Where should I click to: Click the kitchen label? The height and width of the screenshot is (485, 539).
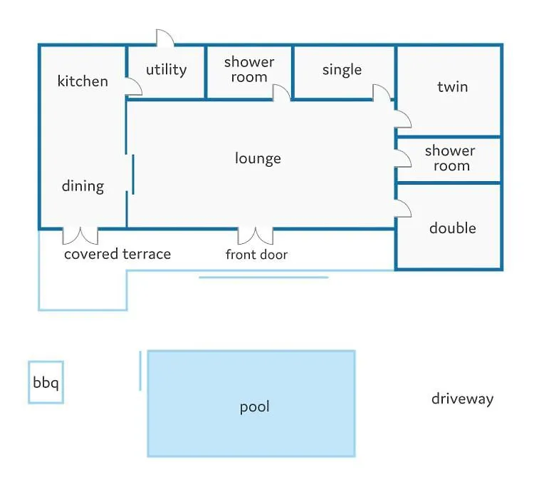[x=83, y=81]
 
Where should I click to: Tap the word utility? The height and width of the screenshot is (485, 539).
[x=167, y=70]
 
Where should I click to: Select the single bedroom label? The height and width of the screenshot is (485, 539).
[x=342, y=70]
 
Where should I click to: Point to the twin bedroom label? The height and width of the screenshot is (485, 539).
[x=452, y=87]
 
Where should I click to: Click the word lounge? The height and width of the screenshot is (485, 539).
[x=258, y=158]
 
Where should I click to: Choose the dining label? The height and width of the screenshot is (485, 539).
[x=83, y=186]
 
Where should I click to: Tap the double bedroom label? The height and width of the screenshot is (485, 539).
[x=453, y=228]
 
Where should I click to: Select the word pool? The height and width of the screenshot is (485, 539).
[x=254, y=407]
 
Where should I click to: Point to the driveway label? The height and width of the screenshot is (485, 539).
[x=462, y=399]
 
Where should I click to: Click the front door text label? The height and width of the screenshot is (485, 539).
[x=256, y=255]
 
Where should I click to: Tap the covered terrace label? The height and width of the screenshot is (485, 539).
[x=117, y=254]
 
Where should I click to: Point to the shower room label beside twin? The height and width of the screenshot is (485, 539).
[x=450, y=158]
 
